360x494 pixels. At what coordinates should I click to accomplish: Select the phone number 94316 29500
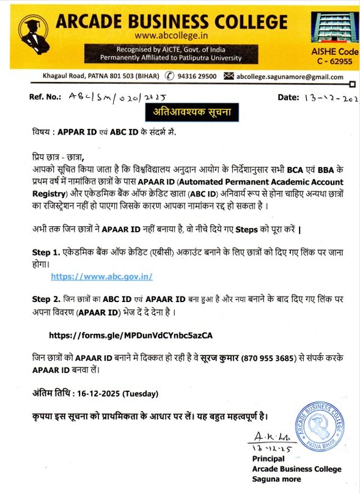coord(194,76)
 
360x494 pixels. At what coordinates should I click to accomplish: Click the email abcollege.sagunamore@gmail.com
coord(290,76)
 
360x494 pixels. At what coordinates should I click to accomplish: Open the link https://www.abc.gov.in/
coord(102,276)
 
